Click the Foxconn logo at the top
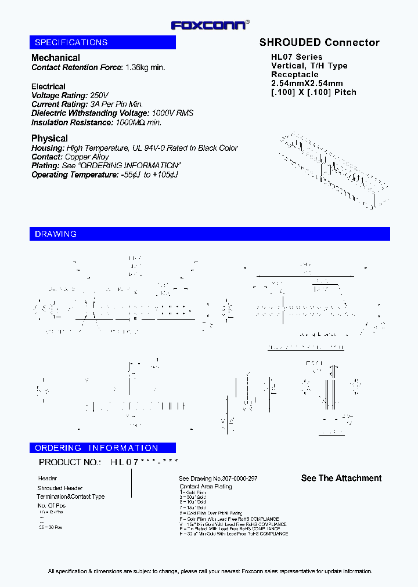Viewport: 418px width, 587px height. tap(210, 25)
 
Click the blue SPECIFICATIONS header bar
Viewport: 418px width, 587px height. tap(103, 42)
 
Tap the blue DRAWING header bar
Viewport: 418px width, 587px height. tap(210, 234)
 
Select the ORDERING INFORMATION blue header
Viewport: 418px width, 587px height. tap(103, 448)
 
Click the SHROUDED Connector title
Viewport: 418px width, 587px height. tap(319, 42)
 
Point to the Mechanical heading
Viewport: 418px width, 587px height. tap(56, 57)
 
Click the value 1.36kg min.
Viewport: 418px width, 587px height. tap(145, 67)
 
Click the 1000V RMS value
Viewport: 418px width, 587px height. tap(173, 113)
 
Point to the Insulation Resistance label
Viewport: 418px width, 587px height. tap(72, 122)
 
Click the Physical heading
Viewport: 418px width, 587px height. tap(49, 138)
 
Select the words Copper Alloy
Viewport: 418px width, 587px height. tap(87, 157)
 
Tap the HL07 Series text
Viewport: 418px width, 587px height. tap(297, 57)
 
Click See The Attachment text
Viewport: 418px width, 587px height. tap(341, 478)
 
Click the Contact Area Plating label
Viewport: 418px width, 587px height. tap(206, 487)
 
